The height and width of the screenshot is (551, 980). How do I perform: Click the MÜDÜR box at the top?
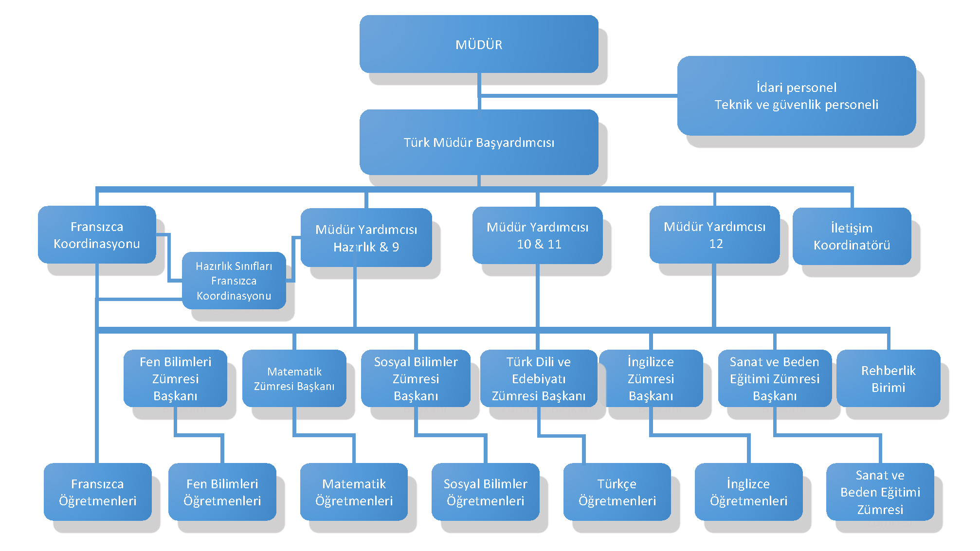click(479, 44)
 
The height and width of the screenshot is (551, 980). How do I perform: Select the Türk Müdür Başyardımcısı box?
click(479, 142)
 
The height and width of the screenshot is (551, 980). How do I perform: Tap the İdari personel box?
click(796, 96)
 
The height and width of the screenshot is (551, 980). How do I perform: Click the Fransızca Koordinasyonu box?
click(97, 235)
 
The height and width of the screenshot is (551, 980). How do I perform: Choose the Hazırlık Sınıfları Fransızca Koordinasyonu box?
click(234, 281)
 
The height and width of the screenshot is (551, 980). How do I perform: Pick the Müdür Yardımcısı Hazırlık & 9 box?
click(366, 238)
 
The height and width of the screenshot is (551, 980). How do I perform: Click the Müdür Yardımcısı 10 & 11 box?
click(538, 235)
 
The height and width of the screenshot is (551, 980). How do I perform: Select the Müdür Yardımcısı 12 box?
click(714, 235)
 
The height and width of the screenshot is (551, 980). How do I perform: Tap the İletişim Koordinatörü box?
click(852, 236)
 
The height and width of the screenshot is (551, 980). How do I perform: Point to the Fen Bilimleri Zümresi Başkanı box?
click(175, 378)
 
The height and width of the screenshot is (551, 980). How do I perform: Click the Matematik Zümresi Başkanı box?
click(294, 378)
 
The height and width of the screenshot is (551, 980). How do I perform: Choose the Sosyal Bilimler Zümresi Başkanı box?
click(416, 378)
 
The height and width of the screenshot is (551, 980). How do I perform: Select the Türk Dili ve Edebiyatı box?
click(538, 378)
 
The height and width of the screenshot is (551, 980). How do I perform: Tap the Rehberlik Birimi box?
click(888, 378)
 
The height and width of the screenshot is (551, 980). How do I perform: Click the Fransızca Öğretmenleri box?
click(97, 492)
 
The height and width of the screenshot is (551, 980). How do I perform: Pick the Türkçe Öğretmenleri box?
click(617, 492)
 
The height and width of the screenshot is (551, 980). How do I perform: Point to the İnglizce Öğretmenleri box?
click(748, 492)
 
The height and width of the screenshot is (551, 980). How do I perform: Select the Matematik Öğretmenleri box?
click(354, 492)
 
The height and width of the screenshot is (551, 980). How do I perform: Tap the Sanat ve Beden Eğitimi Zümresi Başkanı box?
click(774, 378)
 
